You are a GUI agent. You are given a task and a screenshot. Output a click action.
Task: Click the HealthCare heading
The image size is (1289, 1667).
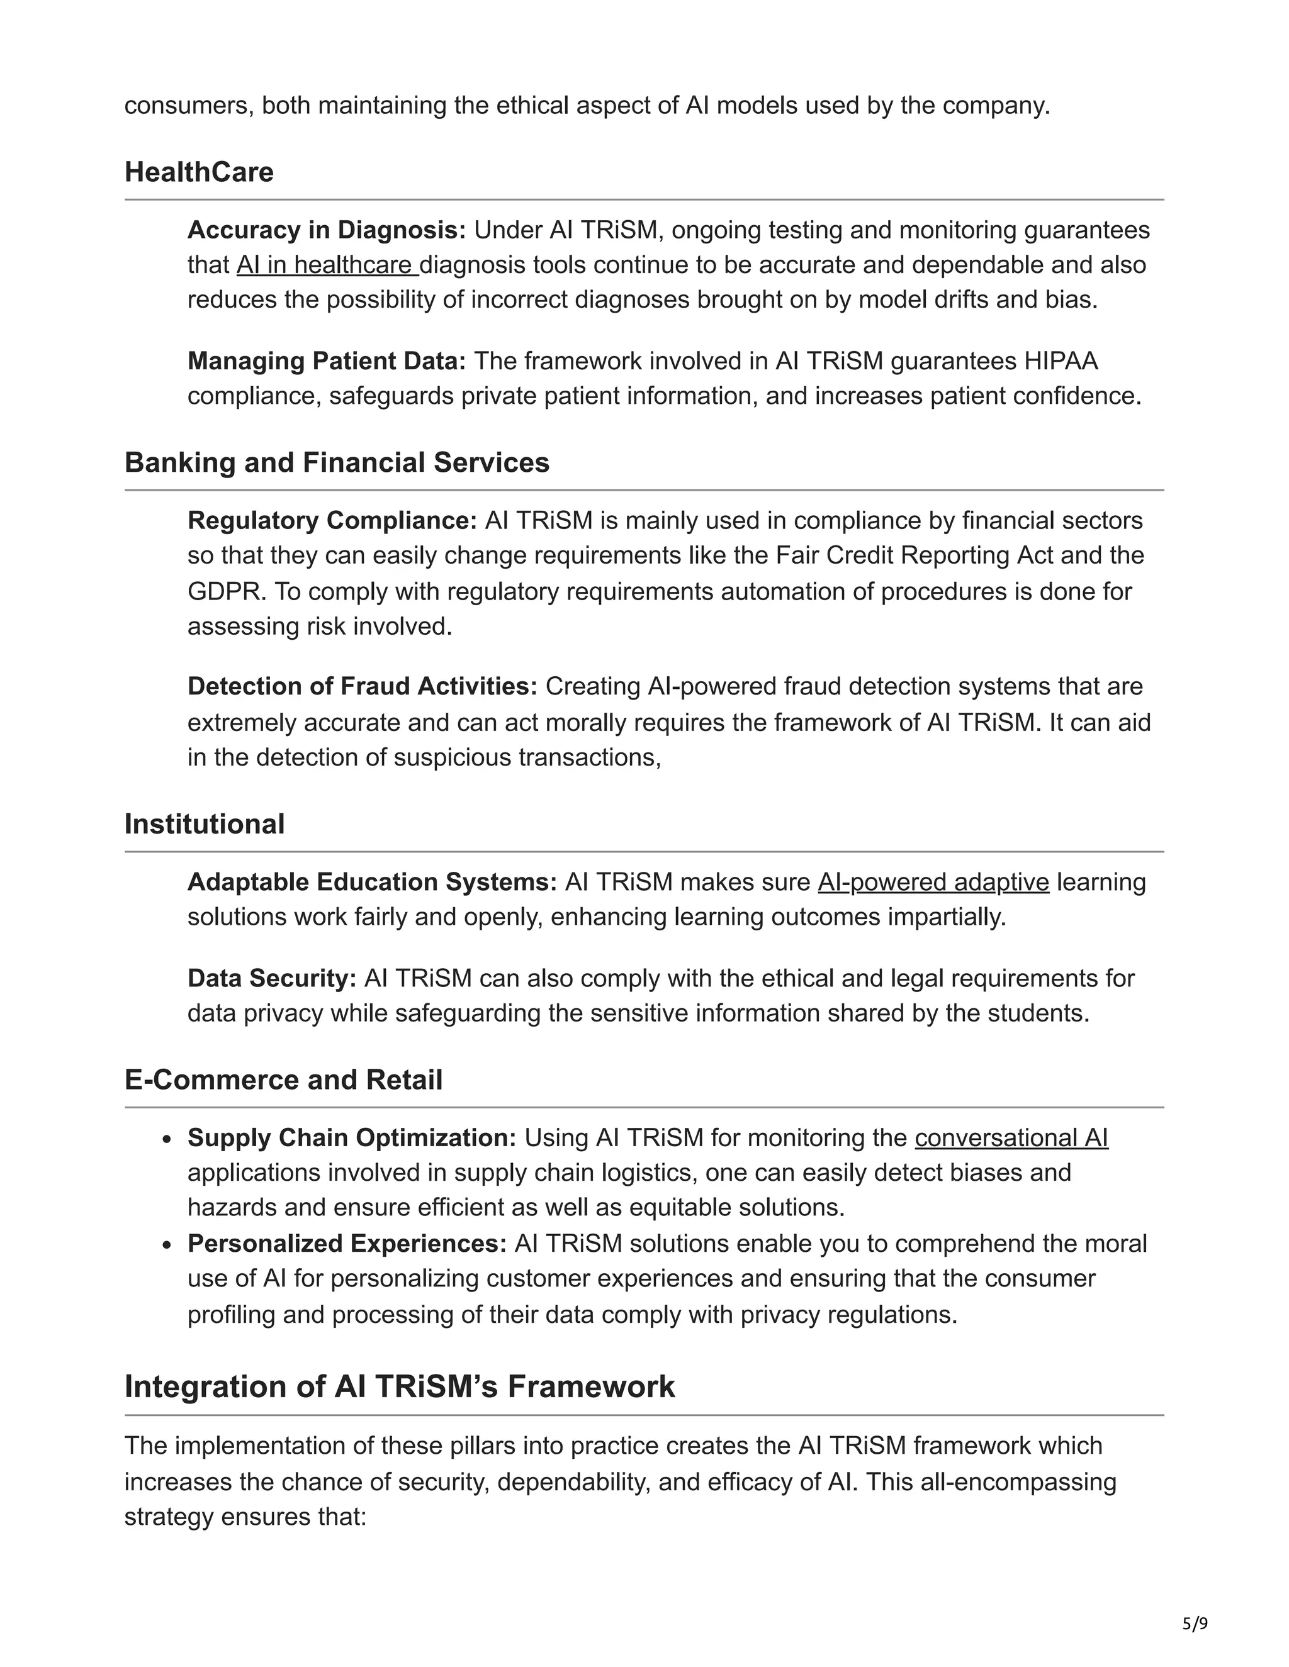click(198, 172)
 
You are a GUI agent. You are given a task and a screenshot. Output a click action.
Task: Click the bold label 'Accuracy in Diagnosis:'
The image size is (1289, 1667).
click(326, 230)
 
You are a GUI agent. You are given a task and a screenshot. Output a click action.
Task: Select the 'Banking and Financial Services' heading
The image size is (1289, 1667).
click(337, 462)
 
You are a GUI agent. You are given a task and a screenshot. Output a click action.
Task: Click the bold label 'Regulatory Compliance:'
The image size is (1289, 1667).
click(332, 521)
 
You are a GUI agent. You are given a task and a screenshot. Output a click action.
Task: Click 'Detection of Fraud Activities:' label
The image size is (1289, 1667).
click(363, 686)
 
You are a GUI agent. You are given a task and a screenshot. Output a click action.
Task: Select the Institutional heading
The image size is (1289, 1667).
click(205, 824)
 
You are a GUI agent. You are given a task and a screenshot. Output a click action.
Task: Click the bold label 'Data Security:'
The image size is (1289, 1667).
click(272, 979)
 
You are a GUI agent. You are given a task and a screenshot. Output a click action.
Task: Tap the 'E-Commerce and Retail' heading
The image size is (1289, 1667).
click(283, 1080)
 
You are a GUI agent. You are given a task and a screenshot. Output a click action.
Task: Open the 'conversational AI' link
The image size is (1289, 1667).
click(1011, 1138)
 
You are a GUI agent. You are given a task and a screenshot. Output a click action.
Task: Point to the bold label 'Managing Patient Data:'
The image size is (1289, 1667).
click(326, 361)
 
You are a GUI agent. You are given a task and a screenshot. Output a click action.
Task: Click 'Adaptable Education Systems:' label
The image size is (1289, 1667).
click(372, 883)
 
